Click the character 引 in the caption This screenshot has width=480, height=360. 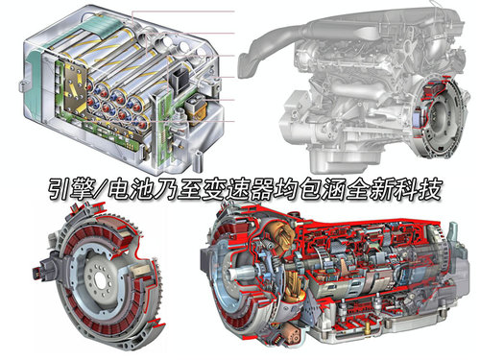pos(60,190)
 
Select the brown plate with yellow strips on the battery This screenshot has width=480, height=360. pos(76,87)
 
